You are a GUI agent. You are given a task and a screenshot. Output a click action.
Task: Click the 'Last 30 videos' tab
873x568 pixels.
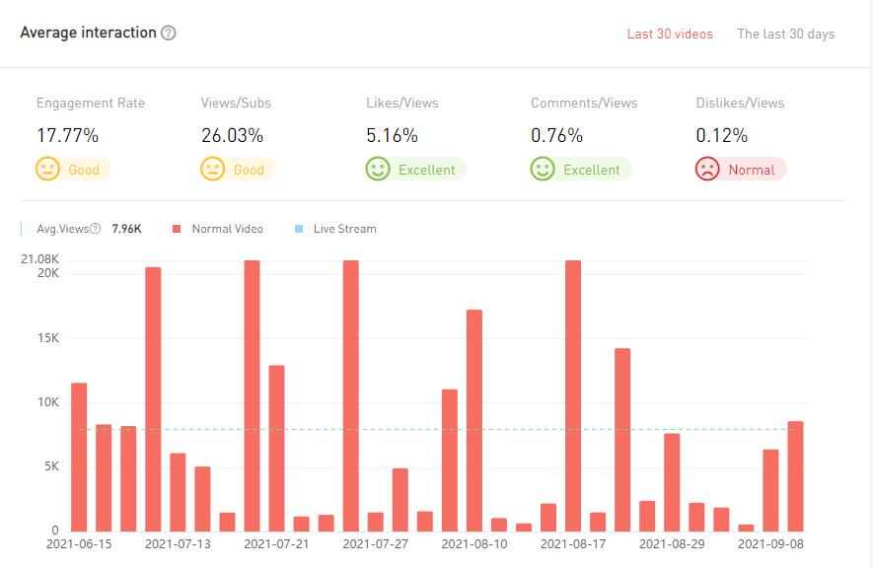670,34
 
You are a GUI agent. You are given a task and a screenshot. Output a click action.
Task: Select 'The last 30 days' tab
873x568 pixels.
785,34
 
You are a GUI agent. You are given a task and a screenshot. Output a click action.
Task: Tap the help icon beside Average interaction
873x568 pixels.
169,33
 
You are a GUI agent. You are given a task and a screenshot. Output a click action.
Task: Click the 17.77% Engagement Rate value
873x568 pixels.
67,135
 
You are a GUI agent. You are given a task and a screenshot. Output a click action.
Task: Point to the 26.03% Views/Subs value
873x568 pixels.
232,135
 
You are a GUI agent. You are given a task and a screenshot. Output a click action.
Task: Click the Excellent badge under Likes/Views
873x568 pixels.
415,170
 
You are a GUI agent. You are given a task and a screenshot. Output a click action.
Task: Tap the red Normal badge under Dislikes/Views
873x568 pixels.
740,170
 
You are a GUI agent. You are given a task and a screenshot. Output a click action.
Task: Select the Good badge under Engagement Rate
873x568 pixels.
72,170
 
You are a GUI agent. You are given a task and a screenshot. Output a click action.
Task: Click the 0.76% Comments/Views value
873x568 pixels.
556,135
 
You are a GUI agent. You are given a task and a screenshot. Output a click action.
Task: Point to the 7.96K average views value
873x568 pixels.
126,229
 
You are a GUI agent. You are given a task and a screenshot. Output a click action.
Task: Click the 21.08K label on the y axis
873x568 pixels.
40,259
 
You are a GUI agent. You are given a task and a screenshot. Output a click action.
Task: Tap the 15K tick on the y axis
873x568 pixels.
48,338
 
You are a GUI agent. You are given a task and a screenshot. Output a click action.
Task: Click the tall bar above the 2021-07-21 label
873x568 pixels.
252,395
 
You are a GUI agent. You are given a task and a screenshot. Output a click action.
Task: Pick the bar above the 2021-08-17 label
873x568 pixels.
573,395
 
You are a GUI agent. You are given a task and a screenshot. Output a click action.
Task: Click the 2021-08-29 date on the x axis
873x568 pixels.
671,543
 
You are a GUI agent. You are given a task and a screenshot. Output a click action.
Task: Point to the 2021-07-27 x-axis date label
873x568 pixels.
375,543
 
